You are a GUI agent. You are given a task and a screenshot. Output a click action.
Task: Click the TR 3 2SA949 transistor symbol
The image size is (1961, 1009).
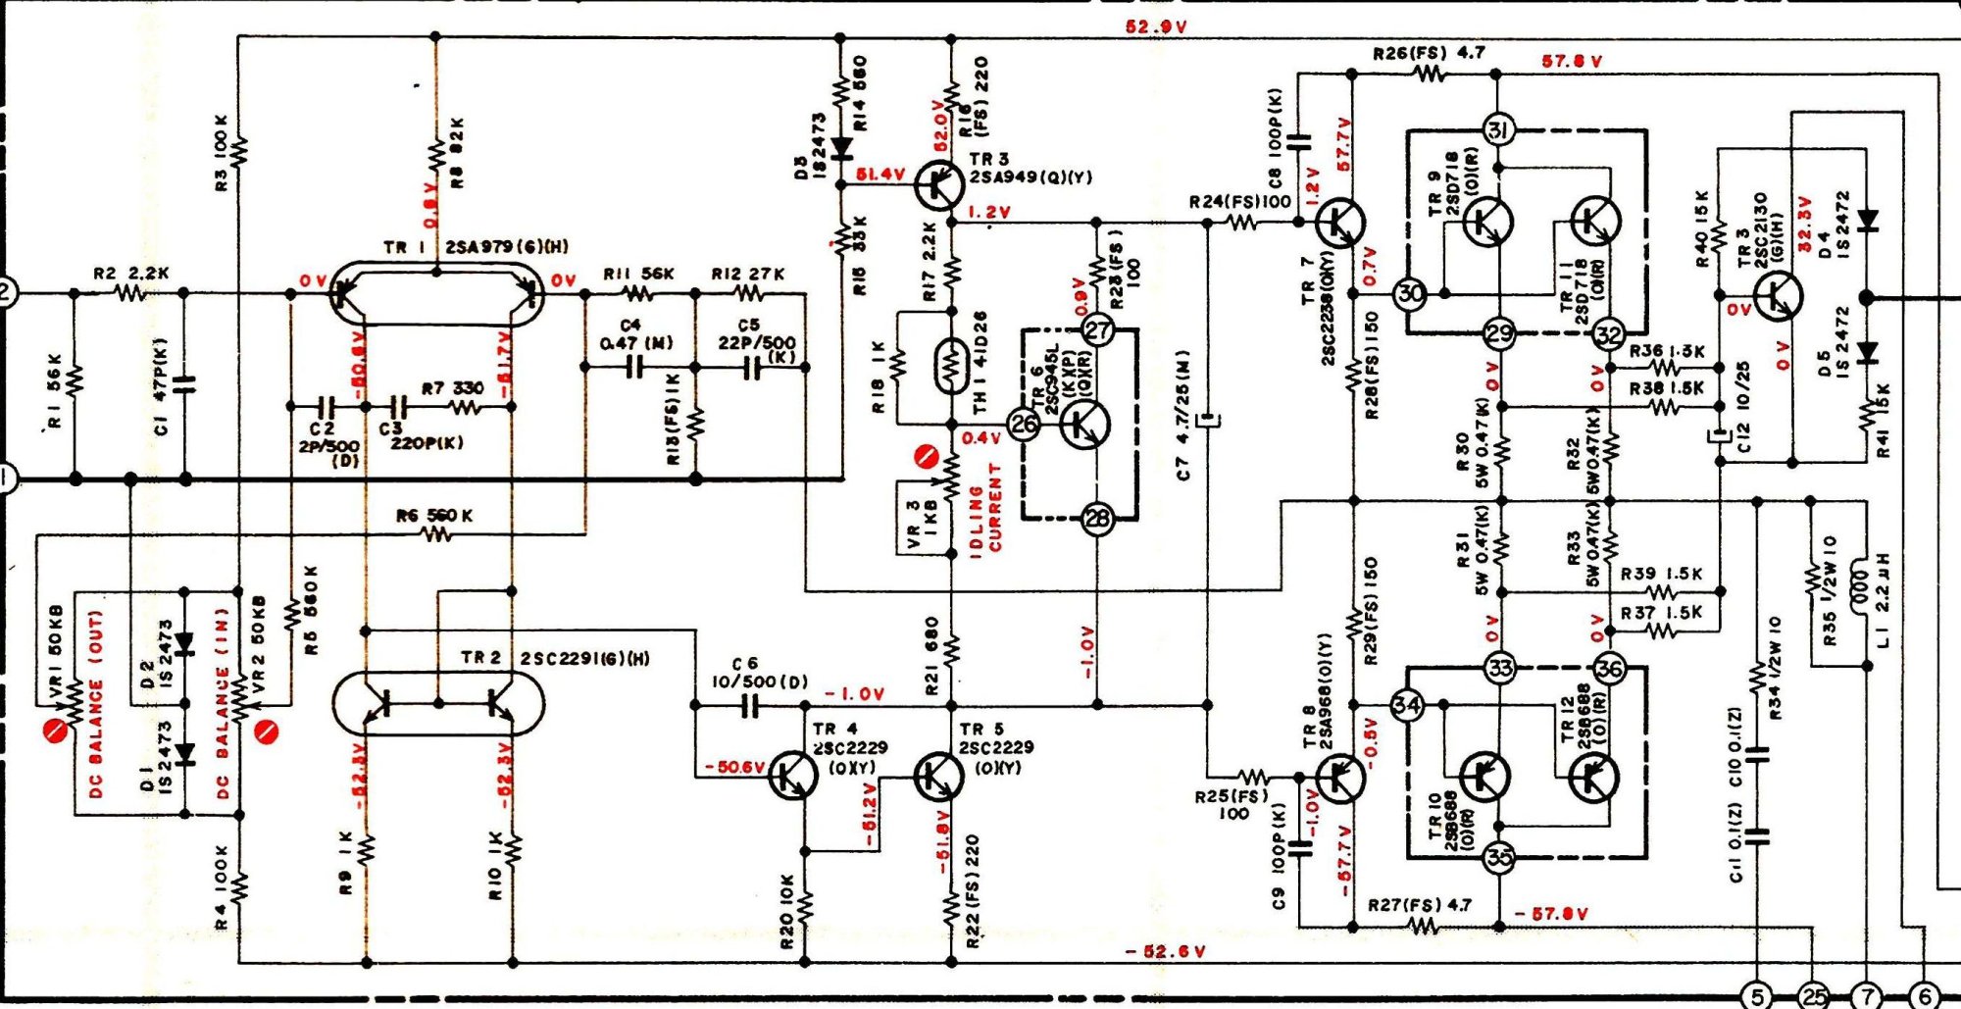coord(936,183)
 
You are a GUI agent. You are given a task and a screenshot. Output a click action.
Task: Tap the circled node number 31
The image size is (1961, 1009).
coord(1497,129)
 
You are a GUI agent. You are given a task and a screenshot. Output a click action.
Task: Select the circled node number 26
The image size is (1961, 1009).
coord(1025,425)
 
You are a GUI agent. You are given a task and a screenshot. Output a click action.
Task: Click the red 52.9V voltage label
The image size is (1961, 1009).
coord(1156,26)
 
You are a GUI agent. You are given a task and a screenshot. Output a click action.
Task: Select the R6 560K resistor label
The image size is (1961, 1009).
coord(434,516)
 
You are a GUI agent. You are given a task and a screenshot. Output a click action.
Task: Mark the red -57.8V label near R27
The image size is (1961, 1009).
coord(1550,914)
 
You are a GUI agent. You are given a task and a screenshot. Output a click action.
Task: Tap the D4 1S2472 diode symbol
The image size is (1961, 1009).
coord(1867,222)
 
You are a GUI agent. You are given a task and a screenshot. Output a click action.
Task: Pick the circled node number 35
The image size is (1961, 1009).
coord(1499,857)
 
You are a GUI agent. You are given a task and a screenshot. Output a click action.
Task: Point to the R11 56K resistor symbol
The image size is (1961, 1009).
coord(637,293)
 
